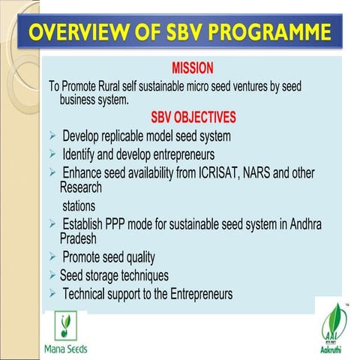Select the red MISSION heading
click(x=193, y=68)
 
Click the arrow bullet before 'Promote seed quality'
click(x=52, y=258)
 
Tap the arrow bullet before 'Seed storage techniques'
click(x=52, y=275)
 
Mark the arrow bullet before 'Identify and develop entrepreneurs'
click(x=52, y=154)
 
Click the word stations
click(x=84, y=205)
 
